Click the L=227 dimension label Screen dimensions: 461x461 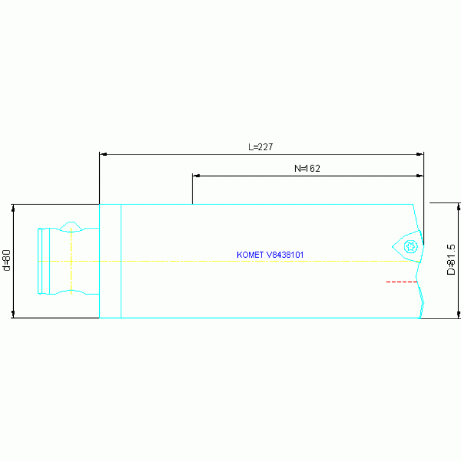pos(261,147)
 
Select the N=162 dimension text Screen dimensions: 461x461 pos(307,169)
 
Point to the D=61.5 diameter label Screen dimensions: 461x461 pos(451,260)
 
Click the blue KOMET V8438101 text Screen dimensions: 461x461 pos(270,255)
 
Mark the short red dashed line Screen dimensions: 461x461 pos(401,281)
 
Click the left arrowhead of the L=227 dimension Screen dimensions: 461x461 pos(103,154)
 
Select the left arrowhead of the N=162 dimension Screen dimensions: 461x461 pos(195,176)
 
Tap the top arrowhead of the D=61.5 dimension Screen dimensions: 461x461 pos(459,207)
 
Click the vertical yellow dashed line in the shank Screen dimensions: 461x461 pos(71,261)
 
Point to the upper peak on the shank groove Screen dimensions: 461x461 pos(72,222)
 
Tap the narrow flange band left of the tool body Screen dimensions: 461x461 pos(110,261)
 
